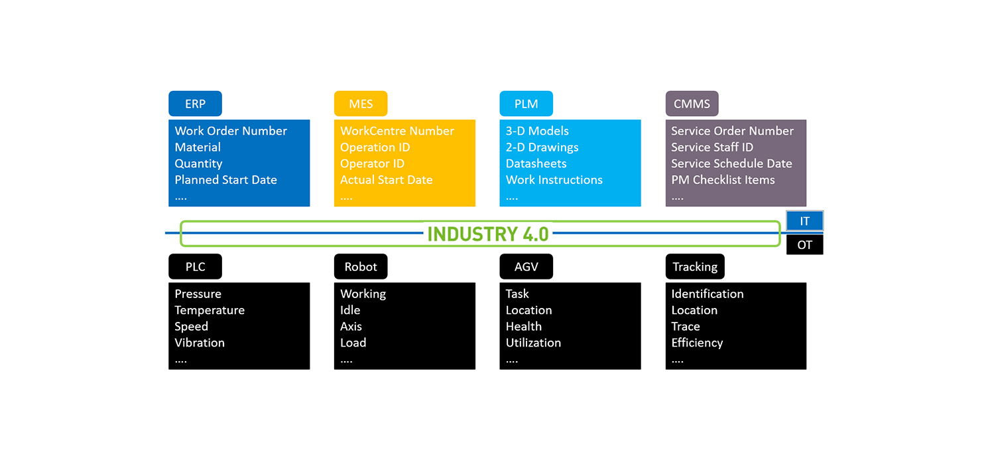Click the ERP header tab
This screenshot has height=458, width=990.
[195, 104]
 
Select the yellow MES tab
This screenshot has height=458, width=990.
[361, 104]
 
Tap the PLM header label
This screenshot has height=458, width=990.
[526, 104]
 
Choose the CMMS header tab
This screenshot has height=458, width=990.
[692, 104]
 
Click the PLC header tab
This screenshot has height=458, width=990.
[195, 267]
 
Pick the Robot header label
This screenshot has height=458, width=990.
[361, 267]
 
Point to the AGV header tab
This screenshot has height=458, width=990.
[526, 267]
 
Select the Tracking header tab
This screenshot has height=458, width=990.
[695, 267]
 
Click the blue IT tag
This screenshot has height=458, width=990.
[804, 222]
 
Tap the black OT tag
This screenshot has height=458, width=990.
[804, 245]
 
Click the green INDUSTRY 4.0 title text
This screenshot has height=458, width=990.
[487, 234]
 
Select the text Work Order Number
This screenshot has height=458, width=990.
[231, 131]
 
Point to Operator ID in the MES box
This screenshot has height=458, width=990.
[372, 164]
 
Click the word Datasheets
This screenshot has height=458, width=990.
[536, 164]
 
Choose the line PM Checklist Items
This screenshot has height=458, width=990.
[723, 180]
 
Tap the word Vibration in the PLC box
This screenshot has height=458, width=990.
[200, 343]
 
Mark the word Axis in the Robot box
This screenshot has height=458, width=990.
[351, 327]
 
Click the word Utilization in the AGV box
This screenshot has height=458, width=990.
[533, 343]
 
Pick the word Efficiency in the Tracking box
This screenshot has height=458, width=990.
[697, 343]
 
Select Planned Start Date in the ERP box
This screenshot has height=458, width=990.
[225, 180]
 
